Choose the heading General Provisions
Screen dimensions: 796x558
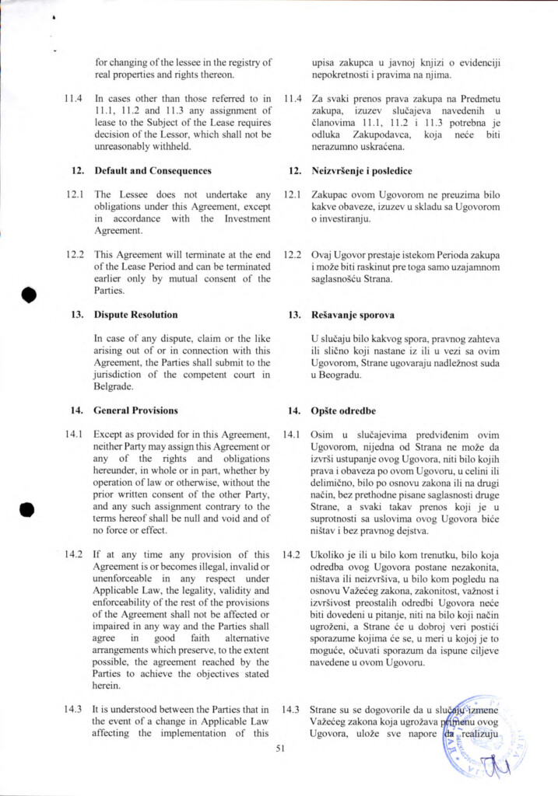pos(135,410)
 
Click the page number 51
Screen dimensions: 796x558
pos(281,749)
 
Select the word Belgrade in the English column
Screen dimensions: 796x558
pos(114,386)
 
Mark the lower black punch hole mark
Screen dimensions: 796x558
pos(29,509)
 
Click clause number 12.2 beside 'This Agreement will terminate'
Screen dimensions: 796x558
pos(75,254)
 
